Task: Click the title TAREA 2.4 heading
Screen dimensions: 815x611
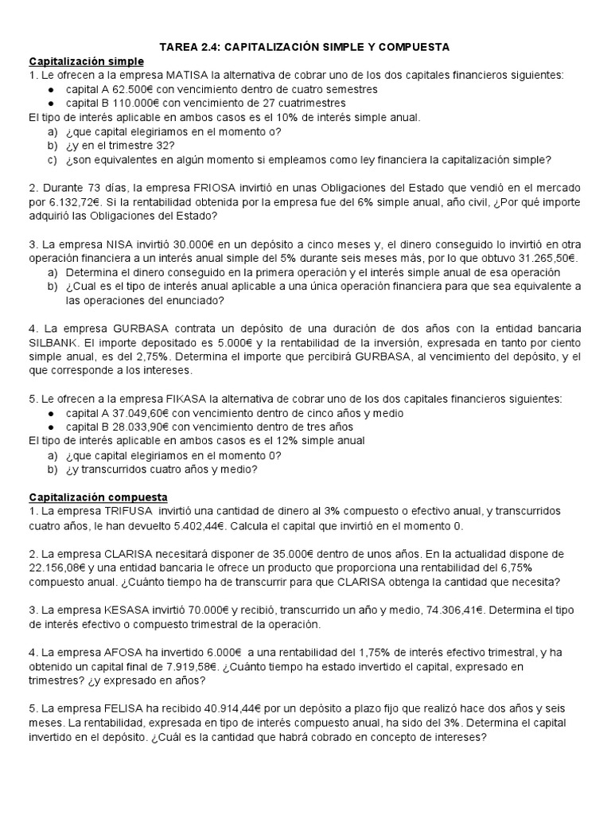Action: tap(305, 48)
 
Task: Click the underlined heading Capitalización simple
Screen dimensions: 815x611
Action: tap(87, 61)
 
